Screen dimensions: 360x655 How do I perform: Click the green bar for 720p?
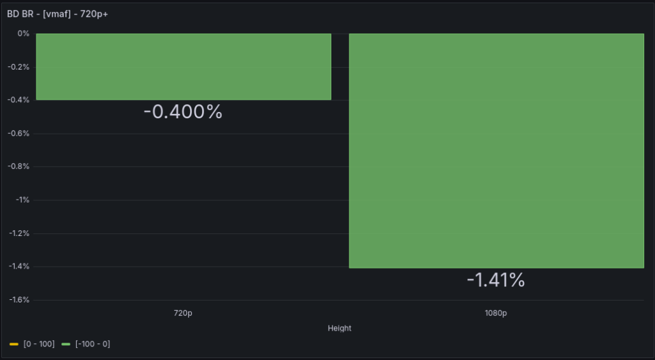(x=184, y=67)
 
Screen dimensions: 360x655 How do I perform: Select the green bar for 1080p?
(x=496, y=150)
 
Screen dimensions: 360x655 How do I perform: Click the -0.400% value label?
(x=183, y=112)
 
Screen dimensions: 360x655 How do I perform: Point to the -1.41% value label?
(x=496, y=280)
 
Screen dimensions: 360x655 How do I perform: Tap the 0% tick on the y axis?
(x=24, y=34)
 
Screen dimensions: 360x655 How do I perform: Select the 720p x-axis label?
(x=183, y=313)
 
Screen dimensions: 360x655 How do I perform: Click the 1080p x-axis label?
(x=496, y=313)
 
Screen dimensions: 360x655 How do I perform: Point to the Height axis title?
(x=339, y=328)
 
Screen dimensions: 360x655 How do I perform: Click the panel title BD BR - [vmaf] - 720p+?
(x=58, y=13)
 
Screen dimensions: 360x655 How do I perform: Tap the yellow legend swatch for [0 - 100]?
(x=14, y=345)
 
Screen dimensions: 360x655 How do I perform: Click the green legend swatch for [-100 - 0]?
(x=66, y=345)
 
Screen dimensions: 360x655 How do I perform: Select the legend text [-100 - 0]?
(x=92, y=345)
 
